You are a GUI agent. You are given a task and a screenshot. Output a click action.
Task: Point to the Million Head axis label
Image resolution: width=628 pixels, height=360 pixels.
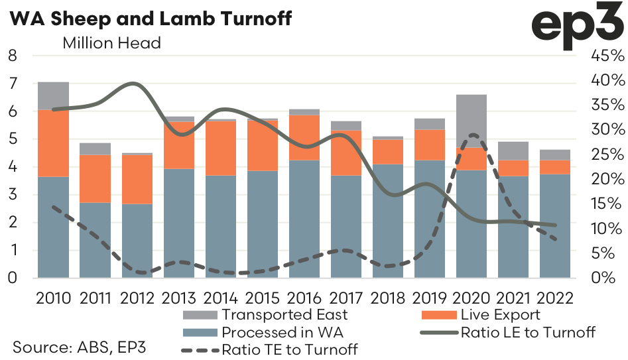coord(111,44)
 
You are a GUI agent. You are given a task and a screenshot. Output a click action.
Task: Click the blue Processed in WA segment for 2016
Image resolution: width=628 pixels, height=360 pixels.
coord(304,219)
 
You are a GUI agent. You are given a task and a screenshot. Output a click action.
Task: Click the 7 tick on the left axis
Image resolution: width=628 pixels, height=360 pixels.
coord(12,84)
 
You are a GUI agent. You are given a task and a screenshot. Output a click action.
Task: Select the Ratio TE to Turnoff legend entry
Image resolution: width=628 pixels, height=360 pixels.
coord(287,348)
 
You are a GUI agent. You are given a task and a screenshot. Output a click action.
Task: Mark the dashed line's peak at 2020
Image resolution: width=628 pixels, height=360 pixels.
coord(472,135)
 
